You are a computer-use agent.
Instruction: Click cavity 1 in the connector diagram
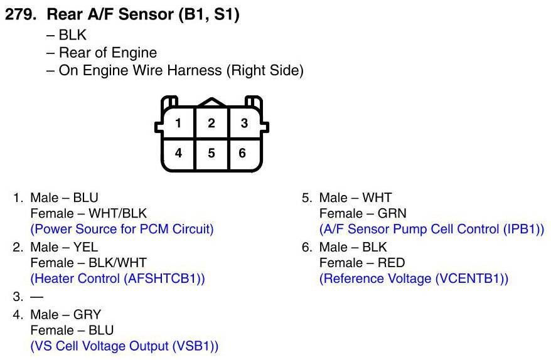pos(178,123)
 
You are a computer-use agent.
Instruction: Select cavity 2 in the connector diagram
pos(211,123)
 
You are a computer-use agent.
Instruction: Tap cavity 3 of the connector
pos(245,123)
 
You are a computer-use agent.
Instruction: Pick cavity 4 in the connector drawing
pos(178,152)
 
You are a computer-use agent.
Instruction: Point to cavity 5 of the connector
pos(211,152)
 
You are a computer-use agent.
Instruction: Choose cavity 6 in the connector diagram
pos(243,152)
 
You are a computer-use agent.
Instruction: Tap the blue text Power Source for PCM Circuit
pos(122,229)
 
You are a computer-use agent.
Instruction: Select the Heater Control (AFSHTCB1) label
pos(117,278)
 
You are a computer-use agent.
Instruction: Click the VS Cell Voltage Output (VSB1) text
pos(124,346)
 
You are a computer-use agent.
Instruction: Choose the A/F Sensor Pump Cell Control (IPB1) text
pos(432,229)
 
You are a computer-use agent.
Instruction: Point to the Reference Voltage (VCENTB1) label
pos(414,278)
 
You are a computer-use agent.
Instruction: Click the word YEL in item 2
pos(85,246)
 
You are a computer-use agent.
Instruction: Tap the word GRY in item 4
pos(87,314)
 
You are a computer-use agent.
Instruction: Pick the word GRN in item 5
pos(392,213)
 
